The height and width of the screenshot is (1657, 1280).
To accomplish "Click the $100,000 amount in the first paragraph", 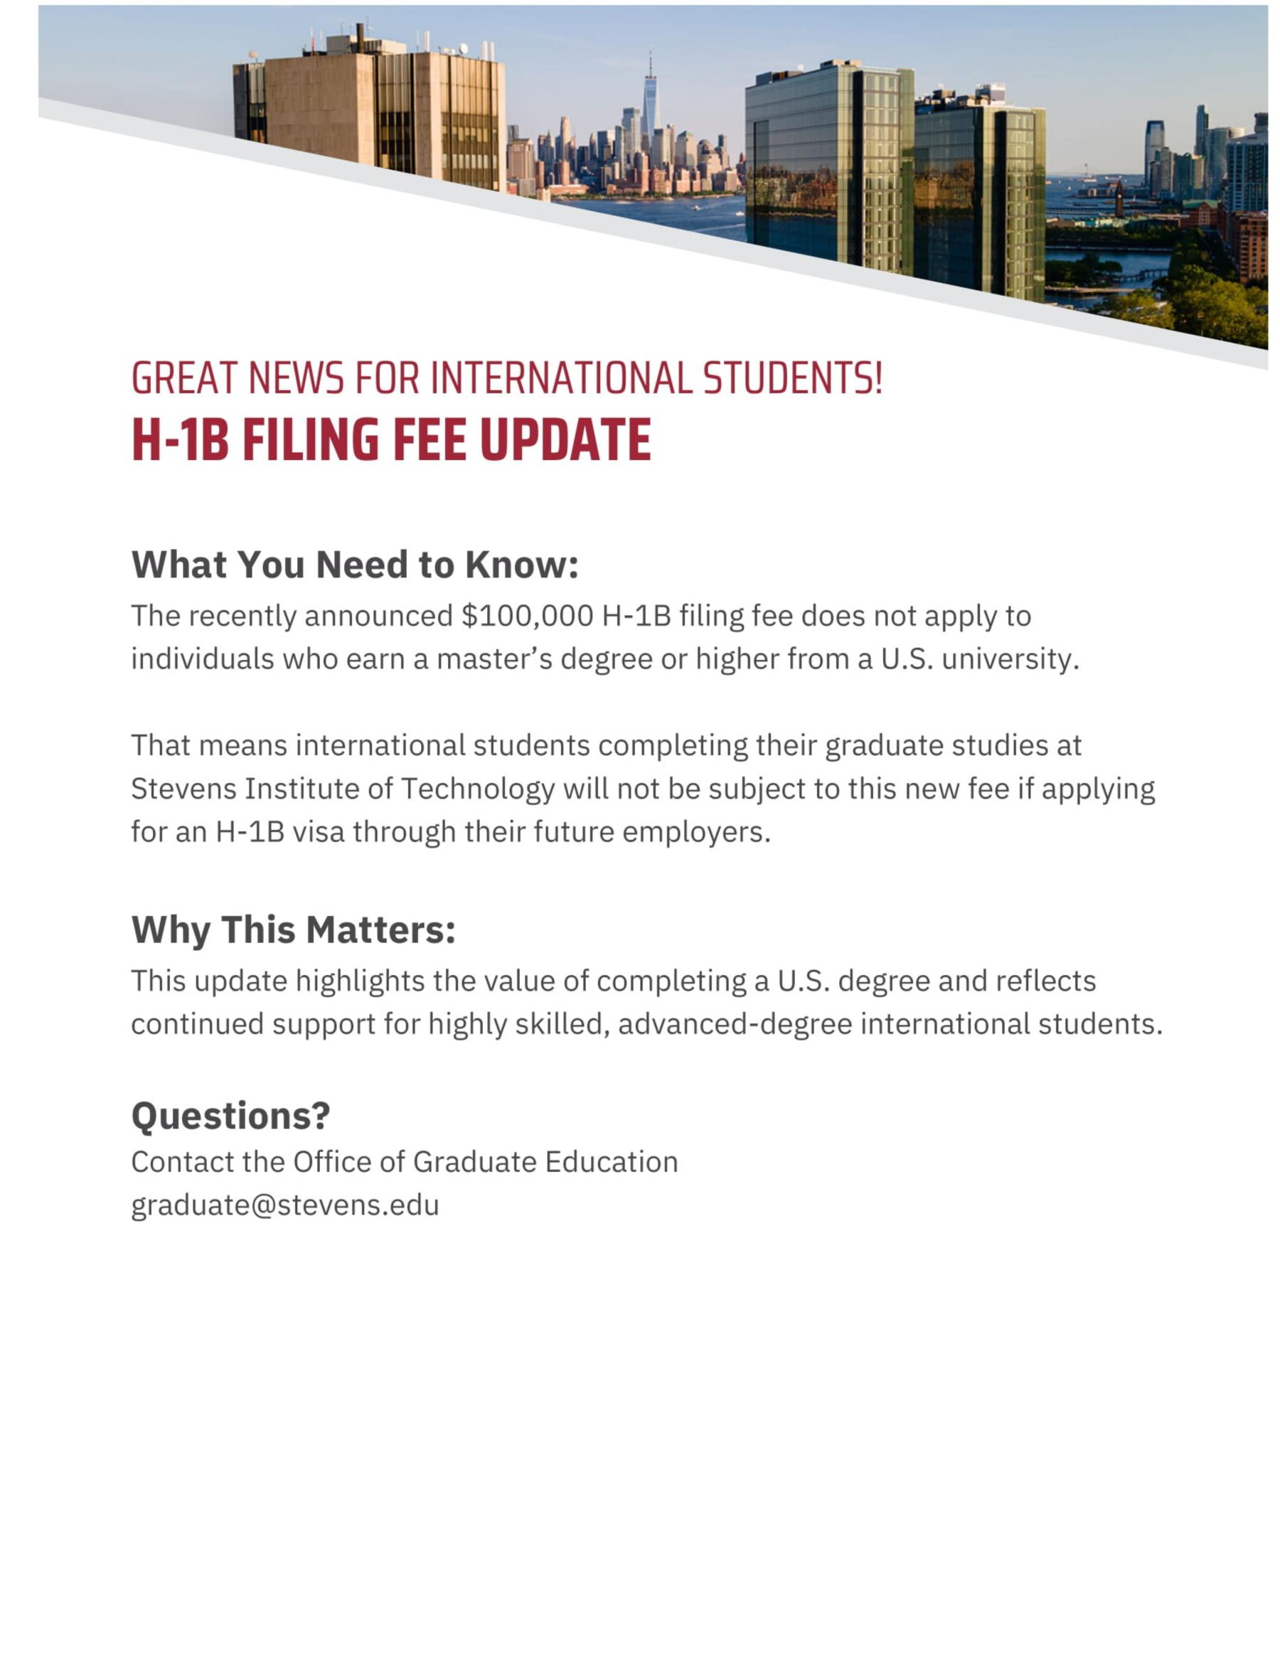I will click(528, 616).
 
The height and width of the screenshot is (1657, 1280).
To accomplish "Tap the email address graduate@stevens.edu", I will click(285, 1205).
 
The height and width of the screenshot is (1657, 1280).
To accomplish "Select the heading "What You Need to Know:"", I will click(355, 565).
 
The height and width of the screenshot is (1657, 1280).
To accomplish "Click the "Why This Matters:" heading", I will click(294, 929).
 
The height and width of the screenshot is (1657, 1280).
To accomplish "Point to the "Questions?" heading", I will click(230, 1115).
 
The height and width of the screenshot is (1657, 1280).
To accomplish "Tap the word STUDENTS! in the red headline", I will click(792, 378).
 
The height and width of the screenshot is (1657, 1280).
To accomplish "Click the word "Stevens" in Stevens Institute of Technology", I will click(183, 789).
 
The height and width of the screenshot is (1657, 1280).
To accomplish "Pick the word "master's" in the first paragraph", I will click(494, 659).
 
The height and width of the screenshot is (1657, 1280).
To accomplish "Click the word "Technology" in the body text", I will click(478, 789).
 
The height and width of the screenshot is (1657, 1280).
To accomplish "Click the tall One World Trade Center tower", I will click(650, 99).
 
